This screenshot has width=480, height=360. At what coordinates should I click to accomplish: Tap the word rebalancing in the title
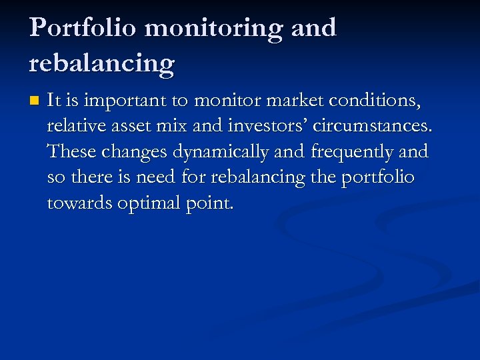click(101, 64)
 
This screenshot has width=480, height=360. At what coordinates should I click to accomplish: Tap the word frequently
click(352, 152)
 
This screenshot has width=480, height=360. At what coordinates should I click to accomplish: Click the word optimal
click(147, 203)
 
